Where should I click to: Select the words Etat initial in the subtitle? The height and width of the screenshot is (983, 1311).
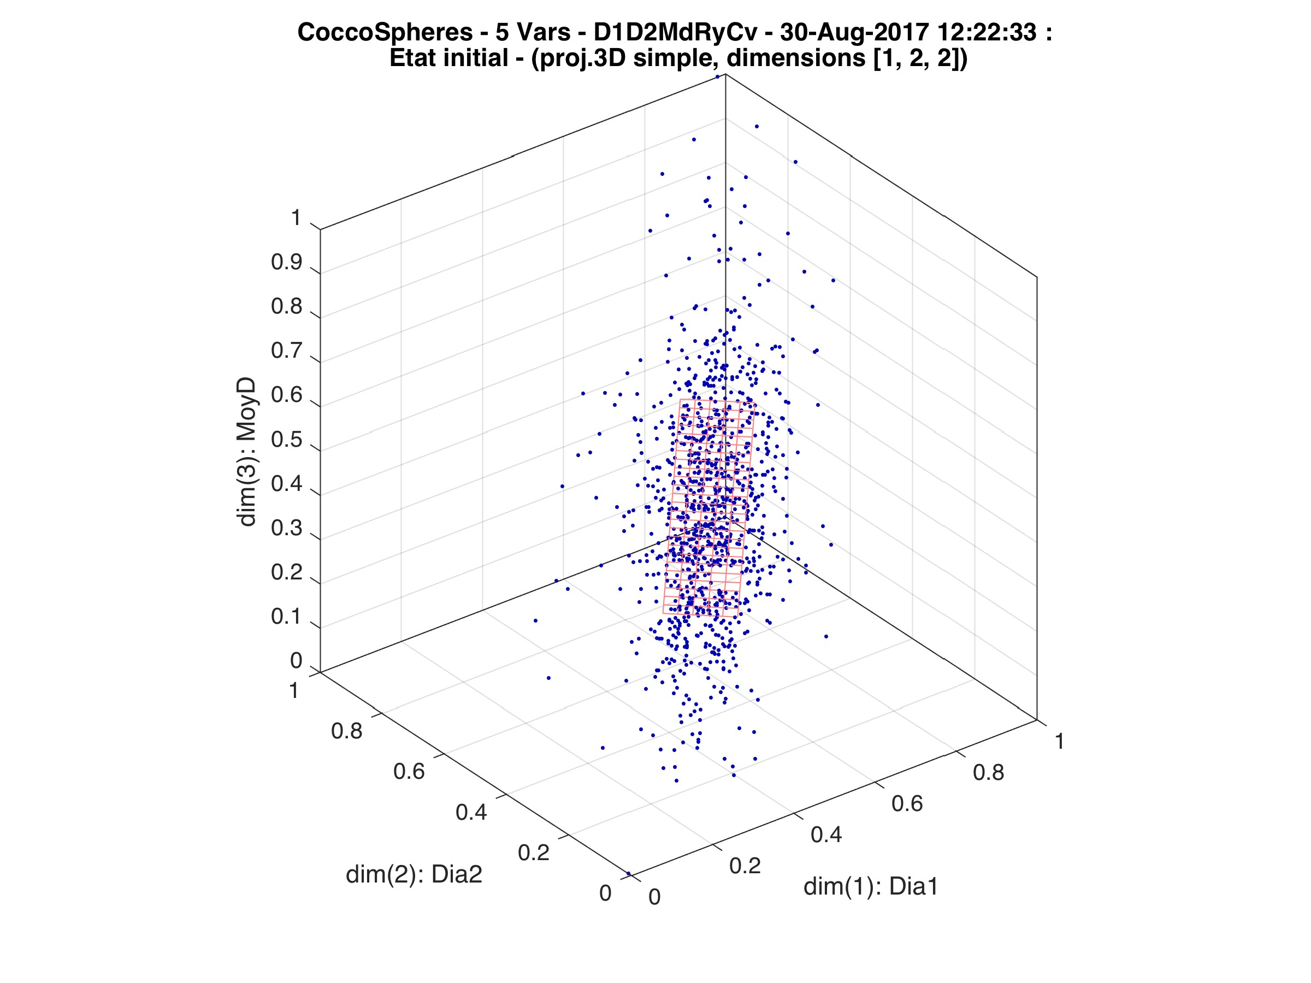[448, 58]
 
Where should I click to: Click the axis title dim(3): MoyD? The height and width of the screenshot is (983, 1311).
[246, 452]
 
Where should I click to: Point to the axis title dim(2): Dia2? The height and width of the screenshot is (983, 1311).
[414, 874]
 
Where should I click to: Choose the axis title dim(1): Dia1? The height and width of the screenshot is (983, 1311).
[871, 886]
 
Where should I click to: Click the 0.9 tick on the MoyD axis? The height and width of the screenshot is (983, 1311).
[286, 263]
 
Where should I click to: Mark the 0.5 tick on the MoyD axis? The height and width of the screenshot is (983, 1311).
[286, 440]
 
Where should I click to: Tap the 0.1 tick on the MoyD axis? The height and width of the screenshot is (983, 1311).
[286, 617]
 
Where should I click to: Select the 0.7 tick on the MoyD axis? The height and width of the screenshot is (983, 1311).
[286, 351]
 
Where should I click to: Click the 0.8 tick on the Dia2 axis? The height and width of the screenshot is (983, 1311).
[347, 731]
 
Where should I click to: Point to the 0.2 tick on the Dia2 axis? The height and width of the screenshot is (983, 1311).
[533, 852]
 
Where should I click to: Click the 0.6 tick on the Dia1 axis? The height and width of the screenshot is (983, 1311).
[907, 803]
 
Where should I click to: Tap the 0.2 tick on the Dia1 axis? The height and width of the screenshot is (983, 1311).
[745, 866]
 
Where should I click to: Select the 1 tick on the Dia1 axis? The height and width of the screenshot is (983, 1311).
[1059, 741]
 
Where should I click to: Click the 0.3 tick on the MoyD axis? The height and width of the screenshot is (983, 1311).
[286, 529]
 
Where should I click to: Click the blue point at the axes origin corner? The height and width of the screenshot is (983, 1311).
[628, 873]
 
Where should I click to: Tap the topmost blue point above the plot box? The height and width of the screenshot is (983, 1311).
[717, 76]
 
